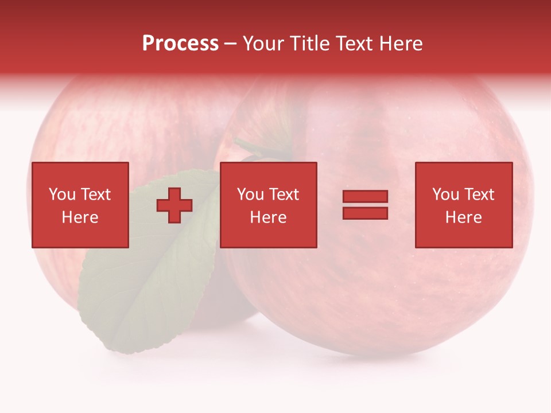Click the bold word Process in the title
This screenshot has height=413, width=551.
[x=180, y=44]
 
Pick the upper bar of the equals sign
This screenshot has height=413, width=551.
[x=365, y=197]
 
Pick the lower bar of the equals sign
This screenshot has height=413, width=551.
[x=365, y=213]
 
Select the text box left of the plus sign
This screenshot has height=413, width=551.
[x=80, y=205]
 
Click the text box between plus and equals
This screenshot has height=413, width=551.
[x=269, y=205]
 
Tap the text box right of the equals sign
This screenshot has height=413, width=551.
[x=464, y=205]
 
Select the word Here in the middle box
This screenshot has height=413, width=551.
[x=269, y=217]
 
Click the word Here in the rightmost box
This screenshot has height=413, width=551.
[x=464, y=217]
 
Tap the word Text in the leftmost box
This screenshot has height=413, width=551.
[x=95, y=194]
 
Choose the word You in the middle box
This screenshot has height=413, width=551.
[x=251, y=194]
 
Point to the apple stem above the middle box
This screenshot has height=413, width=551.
[x=255, y=147]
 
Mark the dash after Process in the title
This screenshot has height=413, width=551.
[x=231, y=44]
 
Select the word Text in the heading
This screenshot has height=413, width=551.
[x=354, y=44]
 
